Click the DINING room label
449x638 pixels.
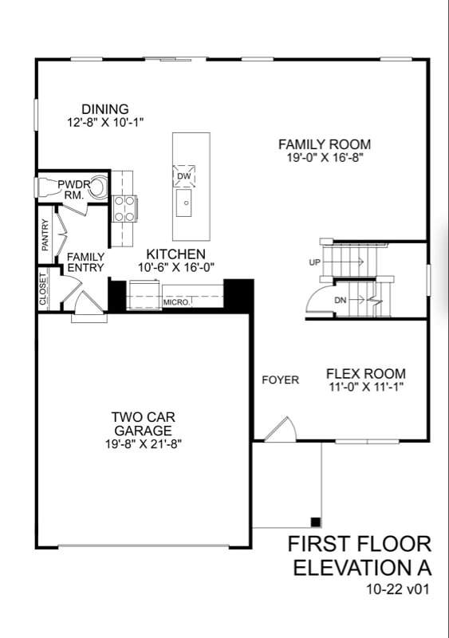[x=104, y=109]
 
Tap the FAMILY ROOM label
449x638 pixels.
[x=324, y=144]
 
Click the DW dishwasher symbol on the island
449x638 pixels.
[x=184, y=175]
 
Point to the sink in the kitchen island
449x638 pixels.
[x=185, y=203]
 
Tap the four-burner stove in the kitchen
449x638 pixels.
[x=124, y=209]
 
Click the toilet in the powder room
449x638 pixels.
[x=96, y=188]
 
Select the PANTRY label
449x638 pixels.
[x=45, y=235]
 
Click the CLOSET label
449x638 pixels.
[x=43, y=289]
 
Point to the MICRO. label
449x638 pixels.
[x=176, y=303]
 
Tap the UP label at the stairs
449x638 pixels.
[x=314, y=262]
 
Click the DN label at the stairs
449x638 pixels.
[x=341, y=300]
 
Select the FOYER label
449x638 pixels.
[x=280, y=380]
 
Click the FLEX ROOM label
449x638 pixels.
[x=365, y=373]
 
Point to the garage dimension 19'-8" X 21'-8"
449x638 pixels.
[x=144, y=443]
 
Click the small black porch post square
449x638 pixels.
[x=316, y=522]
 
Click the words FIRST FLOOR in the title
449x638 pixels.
[x=360, y=545]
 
